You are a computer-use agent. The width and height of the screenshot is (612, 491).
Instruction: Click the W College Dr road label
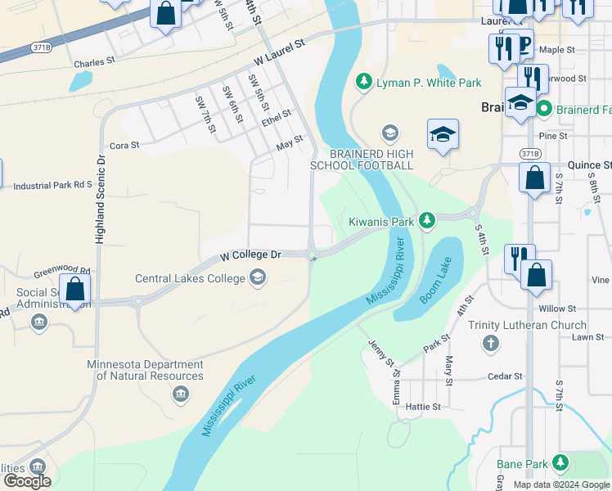pos(250,256)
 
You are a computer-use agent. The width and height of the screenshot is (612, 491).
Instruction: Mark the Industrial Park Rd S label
pos(53,186)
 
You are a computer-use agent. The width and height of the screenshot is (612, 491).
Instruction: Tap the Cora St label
pos(124,145)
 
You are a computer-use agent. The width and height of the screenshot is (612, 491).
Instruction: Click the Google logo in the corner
pos(27,481)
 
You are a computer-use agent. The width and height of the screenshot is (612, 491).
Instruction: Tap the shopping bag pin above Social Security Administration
pos(74,289)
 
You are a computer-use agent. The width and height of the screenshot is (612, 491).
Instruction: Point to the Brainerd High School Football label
pos(362,160)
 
